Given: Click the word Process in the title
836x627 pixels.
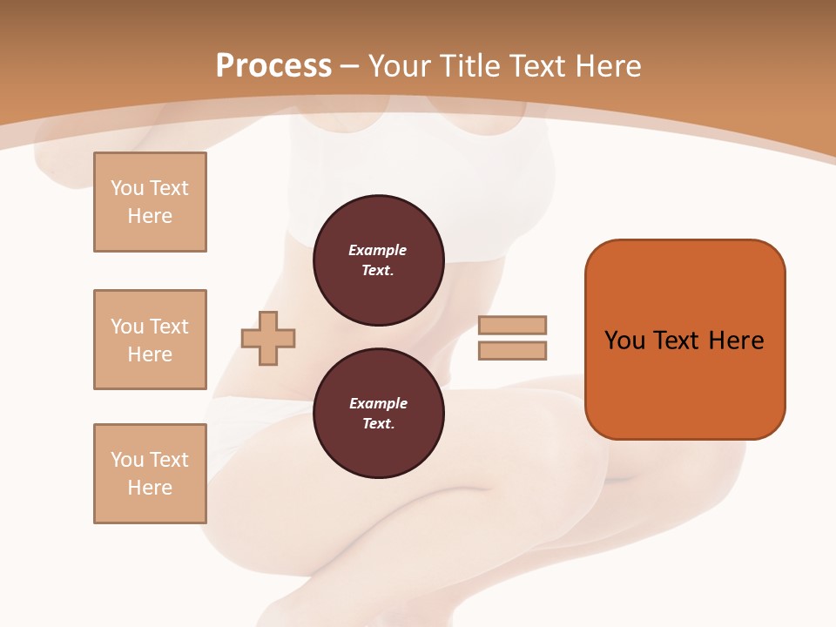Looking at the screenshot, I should [x=273, y=66].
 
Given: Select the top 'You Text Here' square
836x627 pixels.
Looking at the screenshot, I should [x=150, y=202].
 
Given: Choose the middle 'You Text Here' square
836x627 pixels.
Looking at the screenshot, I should [x=150, y=340].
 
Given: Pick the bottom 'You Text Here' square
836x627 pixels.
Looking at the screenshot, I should [x=150, y=474].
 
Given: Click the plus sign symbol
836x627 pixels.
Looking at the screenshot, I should [x=268, y=338].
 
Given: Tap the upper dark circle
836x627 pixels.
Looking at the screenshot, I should [x=378, y=260].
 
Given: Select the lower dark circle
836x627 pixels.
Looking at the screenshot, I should [x=378, y=413].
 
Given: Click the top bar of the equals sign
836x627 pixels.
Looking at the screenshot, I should [x=512, y=325].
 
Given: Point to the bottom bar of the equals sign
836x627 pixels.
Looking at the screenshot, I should [x=512, y=350].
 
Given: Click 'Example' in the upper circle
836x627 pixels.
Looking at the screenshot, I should [x=378, y=250].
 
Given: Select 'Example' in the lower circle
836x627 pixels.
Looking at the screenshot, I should [x=378, y=403].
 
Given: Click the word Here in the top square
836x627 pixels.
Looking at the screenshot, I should [x=150, y=216].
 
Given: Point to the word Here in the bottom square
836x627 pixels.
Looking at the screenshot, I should [x=150, y=488].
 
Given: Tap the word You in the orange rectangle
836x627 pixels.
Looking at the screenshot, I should [x=624, y=340].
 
